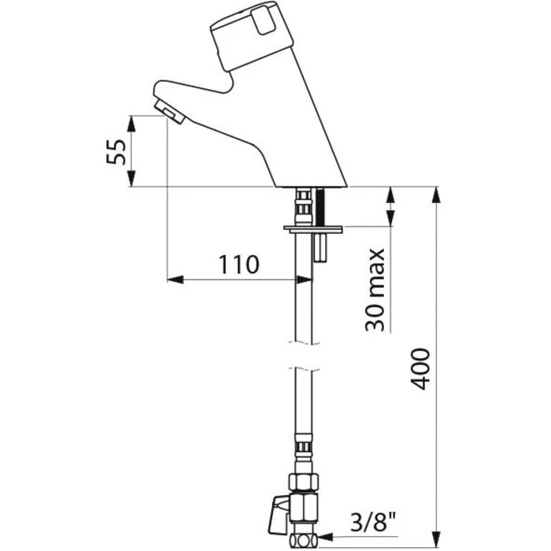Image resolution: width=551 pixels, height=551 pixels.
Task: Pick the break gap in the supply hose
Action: [x=304, y=356]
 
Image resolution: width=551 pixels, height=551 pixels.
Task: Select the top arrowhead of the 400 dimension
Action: [x=436, y=194]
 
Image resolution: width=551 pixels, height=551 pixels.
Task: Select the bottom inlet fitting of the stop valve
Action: [x=303, y=538]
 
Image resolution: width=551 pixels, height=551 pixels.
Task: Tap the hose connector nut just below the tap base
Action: [x=303, y=205]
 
